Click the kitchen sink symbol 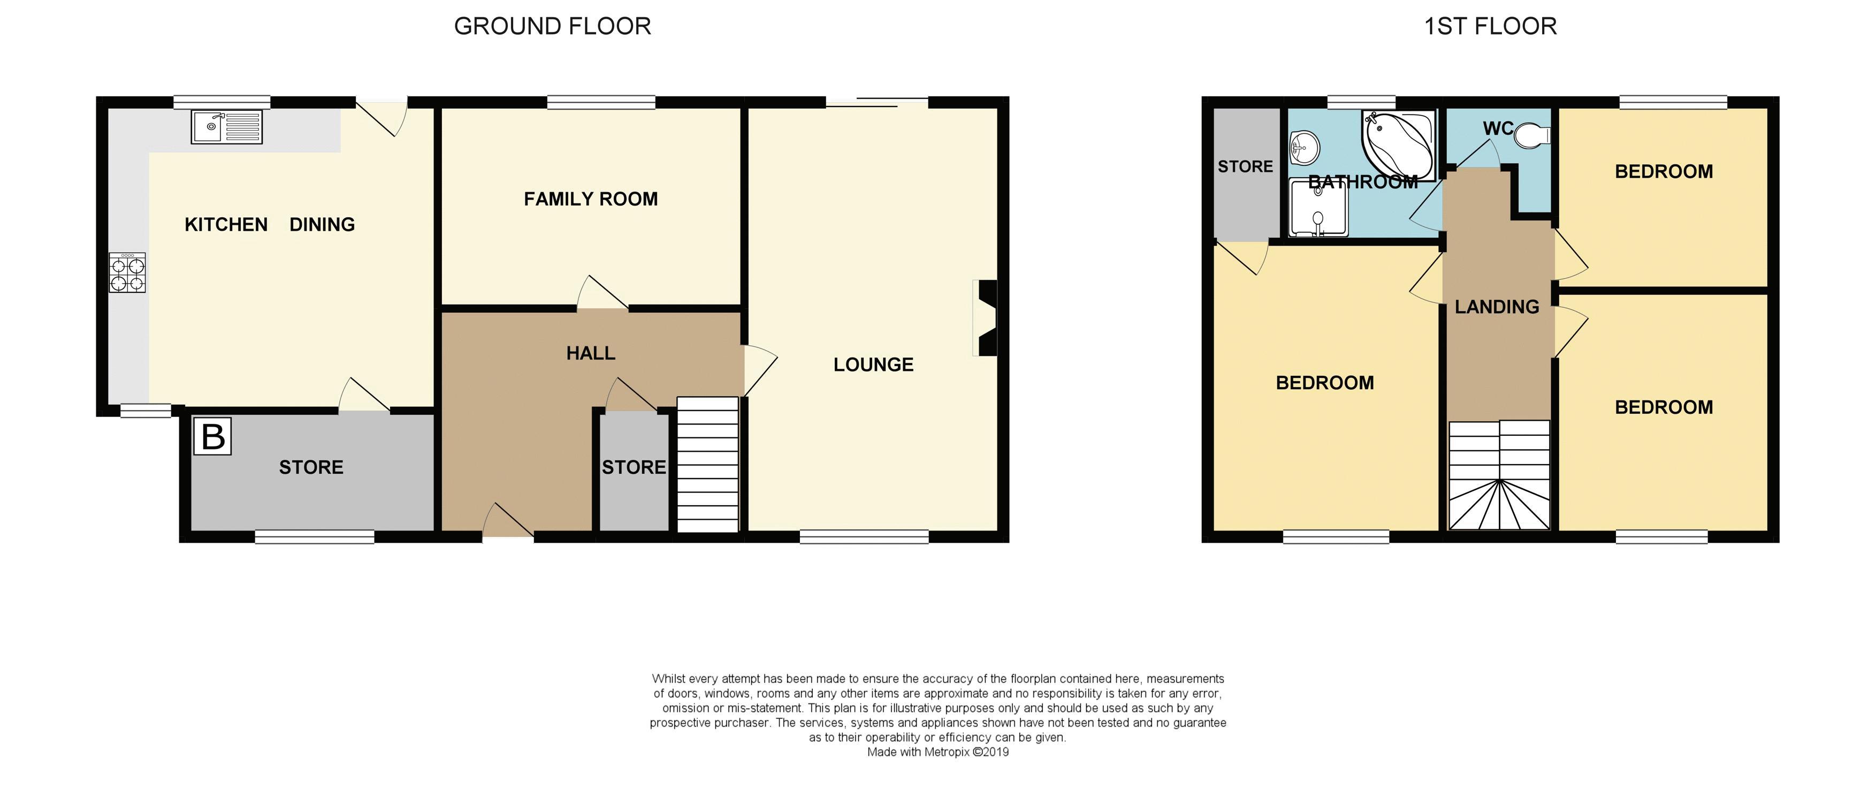point(226,127)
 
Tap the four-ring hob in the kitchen point(127,272)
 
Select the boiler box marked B point(212,436)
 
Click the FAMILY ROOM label point(591,199)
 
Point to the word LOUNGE point(873,365)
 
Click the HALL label point(591,353)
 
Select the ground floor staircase point(708,464)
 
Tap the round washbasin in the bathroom point(1305,149)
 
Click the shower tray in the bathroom point(1318,208)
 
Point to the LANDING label point(1497,307)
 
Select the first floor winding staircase point(1499,475)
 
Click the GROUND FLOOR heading point(552,26)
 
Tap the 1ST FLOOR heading point(1490,26)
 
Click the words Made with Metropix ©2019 point(937,752)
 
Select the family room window point(601,103)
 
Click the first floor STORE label point(1245,167)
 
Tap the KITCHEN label point(226,224)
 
